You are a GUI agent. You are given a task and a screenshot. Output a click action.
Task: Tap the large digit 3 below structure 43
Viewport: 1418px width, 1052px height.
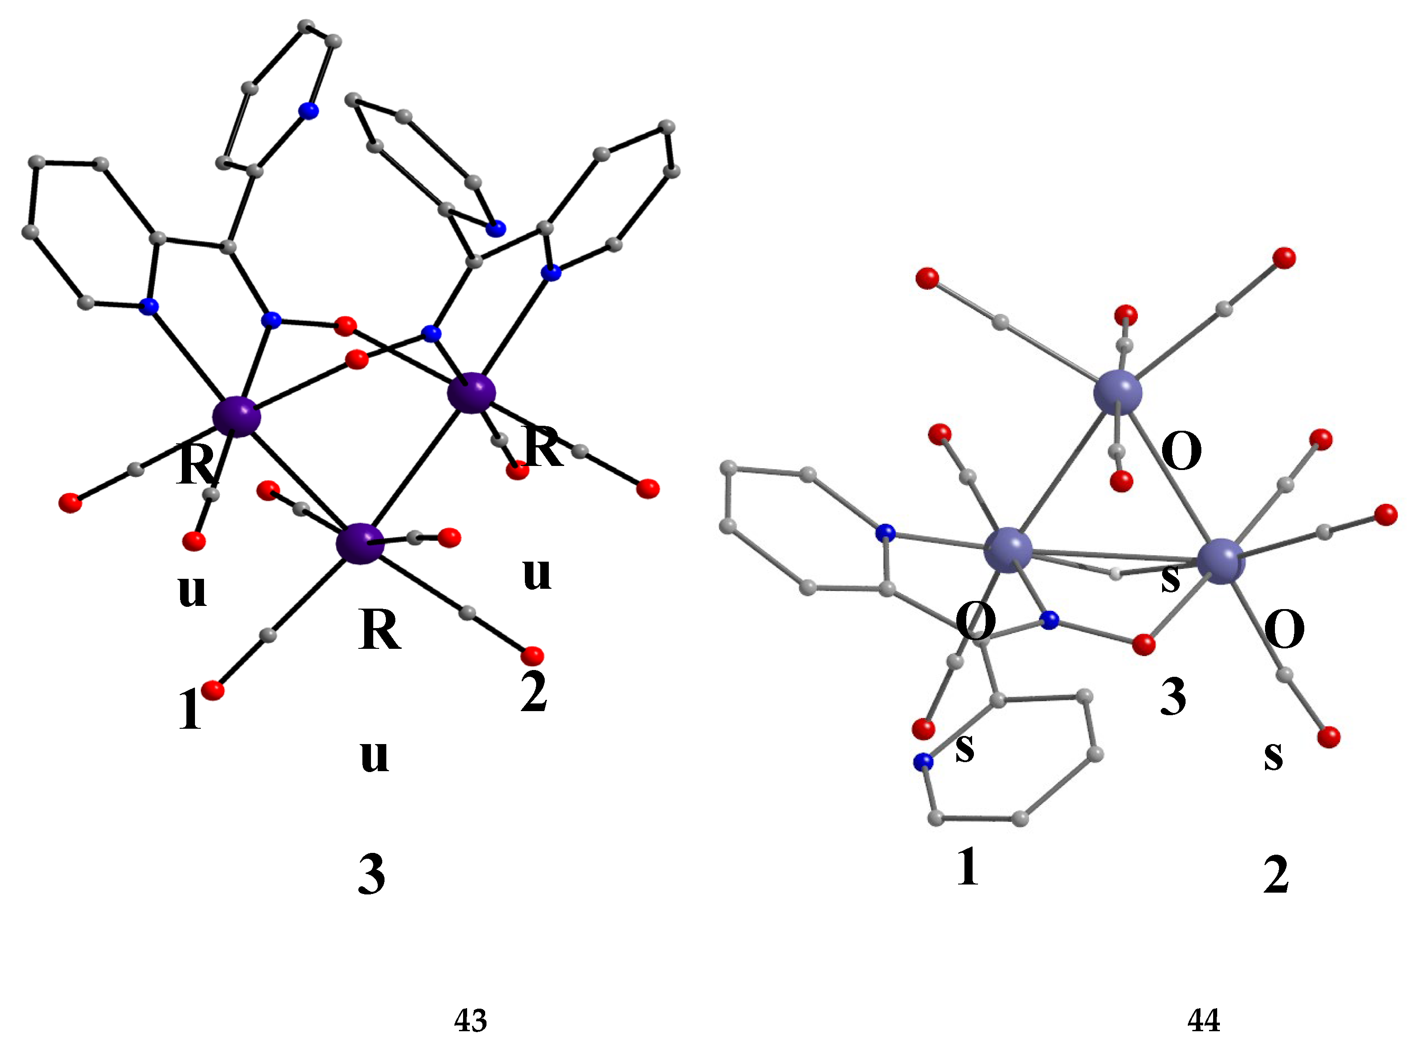pyautogui.click(x=372, y=875)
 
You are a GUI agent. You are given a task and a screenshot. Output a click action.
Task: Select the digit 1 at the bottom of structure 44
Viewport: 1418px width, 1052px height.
pyautogui.click(x=968, y=867)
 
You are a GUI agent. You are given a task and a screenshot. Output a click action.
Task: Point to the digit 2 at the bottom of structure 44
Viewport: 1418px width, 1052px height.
pyautogui.click(x=1275, y=875)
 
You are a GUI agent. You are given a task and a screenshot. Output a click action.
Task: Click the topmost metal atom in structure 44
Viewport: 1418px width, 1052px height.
pyautogui.click(x=1117, y=392)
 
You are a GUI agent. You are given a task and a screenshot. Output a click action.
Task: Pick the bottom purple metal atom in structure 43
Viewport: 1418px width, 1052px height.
pyautogui.click(x=360, y=543)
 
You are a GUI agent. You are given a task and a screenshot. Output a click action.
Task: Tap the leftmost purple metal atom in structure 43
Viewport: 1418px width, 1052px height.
pyautogui.click(x=237, y=416)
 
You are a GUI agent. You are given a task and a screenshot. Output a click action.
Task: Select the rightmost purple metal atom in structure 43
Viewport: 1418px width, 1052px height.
pyautogui.click(x=471, y=393)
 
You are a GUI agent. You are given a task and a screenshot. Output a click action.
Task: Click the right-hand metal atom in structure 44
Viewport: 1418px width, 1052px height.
pyautogui.click(x=1221, y=562)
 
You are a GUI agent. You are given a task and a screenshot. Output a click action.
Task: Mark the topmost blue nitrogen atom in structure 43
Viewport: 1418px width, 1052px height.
pyautogui.click(x=309, y=111)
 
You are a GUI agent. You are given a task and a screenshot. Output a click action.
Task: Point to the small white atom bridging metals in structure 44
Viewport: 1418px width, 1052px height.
pyautogui.click(x=1115, y=574)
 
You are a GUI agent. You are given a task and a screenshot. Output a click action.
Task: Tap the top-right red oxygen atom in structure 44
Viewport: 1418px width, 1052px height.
pyautogui.click(x=1284, y=258)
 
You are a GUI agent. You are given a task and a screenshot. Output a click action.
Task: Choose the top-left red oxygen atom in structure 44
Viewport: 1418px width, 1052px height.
pyautogui.click(x=927, y=278)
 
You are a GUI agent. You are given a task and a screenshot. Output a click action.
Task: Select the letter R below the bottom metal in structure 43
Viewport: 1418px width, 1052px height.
pyautogui.click(x=379, y=630)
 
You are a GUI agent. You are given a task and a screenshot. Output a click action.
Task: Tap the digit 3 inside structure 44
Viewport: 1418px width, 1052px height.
pyautogui.click(x=1172, y=697)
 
